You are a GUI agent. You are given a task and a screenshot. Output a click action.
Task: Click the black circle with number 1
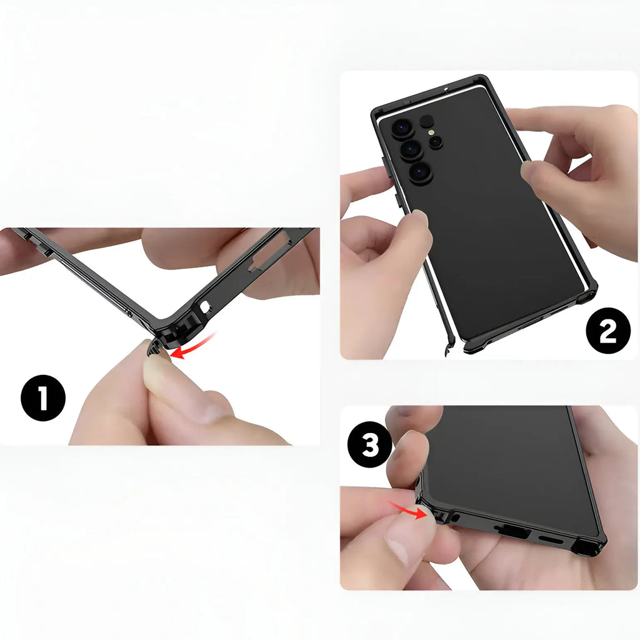tap(43, 398)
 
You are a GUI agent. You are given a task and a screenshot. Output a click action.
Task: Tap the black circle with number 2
tap(608, 331)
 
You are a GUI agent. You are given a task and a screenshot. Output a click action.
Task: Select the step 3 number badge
tap(370, 444)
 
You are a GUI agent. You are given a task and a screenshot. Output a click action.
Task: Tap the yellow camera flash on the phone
tap(431, 132)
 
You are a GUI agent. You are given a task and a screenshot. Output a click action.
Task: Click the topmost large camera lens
tap(403, 129)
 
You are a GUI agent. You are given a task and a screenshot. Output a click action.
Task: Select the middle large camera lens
tap(411, 150)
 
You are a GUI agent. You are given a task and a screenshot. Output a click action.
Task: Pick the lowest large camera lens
tap(421, 172)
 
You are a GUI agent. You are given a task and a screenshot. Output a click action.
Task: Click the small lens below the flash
tap(436, 142)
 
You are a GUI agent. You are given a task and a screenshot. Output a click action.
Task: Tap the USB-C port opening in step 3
tap(512, 530)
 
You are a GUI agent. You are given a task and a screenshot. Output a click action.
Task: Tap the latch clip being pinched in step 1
tap(155, 347)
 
